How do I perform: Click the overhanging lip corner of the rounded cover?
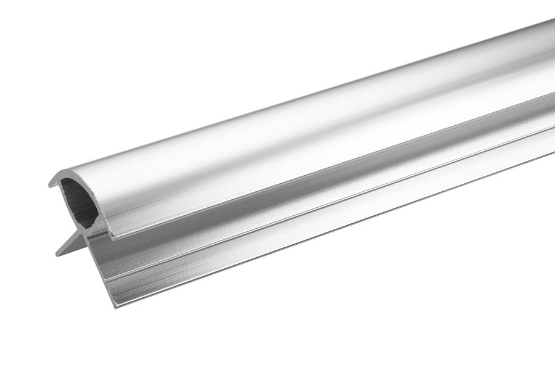(115, 234)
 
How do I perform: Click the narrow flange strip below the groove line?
(308, 223)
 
